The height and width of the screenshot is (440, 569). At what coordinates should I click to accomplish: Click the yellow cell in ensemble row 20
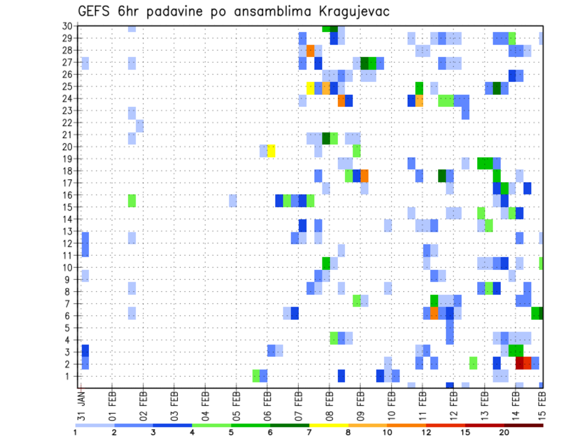(x=271, y=151)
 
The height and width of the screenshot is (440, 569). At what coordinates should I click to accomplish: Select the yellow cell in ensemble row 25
(x=311, y=88)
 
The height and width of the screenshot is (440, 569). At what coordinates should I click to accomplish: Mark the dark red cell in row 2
(x=520, y=363)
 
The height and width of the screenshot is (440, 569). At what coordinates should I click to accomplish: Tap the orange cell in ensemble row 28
(x=311, y=51)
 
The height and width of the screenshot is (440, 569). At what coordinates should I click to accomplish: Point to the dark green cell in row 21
(x=326, y=138)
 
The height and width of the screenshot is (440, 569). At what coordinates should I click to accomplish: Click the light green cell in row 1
(x=256, y=376)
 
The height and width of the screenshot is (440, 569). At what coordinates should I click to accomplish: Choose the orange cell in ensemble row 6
(x=434, y=313)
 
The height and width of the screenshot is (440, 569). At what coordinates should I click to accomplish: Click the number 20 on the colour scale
(x=504, y=432)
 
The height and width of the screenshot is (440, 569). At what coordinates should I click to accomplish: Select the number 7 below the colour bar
(x=309, y=432)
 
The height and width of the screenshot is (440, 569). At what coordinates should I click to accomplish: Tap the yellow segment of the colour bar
(x=328, y=425)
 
